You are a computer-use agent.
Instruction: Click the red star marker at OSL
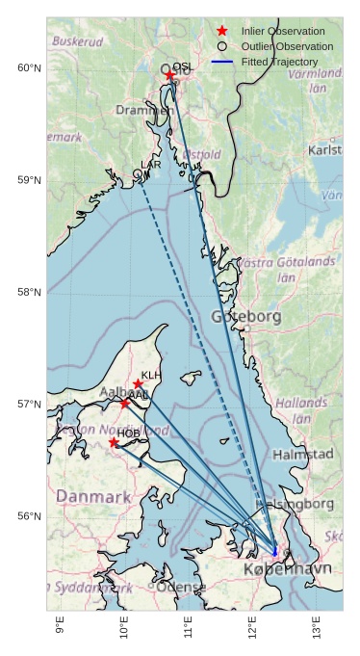point(170,75)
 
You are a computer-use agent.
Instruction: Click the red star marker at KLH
point(139,384)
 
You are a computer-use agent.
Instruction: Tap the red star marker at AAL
point(125,403)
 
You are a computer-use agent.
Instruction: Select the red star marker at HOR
point(114,442)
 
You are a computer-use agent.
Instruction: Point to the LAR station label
point(151,166)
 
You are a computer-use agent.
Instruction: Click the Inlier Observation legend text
point(283,32)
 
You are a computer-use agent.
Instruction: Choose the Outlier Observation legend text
point(287,46)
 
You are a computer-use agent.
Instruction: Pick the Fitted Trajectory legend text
point(279,62)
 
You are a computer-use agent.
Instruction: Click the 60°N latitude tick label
point(29,68)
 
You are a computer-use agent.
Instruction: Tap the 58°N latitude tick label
point(29,293)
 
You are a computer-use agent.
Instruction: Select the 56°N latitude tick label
point(29,516)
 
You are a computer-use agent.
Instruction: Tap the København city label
point(288,569)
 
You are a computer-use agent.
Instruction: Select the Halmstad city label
point(303,454)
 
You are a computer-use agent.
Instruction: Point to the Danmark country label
point(93,497)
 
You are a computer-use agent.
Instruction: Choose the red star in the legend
point(222,32)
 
